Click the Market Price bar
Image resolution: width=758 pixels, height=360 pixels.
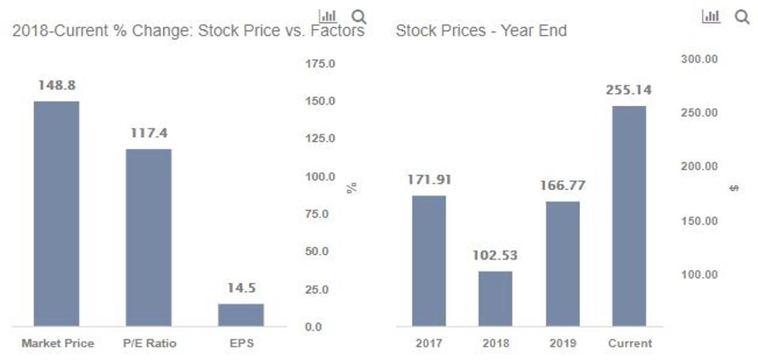(x=56, y=214)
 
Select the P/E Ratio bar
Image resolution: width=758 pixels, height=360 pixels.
(x=149, y=237)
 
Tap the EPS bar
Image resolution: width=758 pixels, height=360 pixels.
(x=241, y=315)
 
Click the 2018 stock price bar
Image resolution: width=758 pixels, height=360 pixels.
(x=495, y=298)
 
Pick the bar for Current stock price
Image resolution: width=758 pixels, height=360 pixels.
(x=629, y=216)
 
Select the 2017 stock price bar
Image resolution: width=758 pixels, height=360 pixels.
(x=429, y=260)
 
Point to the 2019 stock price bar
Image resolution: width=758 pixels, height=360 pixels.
(x=562, y=263)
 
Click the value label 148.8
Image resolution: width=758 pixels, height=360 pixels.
(x=57, y=85)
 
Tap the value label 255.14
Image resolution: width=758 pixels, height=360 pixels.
(x=629, y=89)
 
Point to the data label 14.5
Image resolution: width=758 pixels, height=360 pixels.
(x=241, y=288)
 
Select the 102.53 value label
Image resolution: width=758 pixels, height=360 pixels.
(x=495, y=256)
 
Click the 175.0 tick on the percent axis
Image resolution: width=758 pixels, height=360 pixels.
(x=320, y=63)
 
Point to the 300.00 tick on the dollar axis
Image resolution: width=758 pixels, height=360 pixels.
(x=699, y=59)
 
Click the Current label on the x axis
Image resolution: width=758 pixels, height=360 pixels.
(x=630, y=343)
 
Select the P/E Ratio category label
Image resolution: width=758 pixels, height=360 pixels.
(x=150, y=343)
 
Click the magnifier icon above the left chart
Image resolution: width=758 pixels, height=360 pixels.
(x=358, y=16)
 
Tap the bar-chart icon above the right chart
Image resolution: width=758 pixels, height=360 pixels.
(x=711, y=16)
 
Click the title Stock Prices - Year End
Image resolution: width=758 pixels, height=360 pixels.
(x=480, y=32)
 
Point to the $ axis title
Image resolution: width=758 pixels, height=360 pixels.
(x=733, y=188)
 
